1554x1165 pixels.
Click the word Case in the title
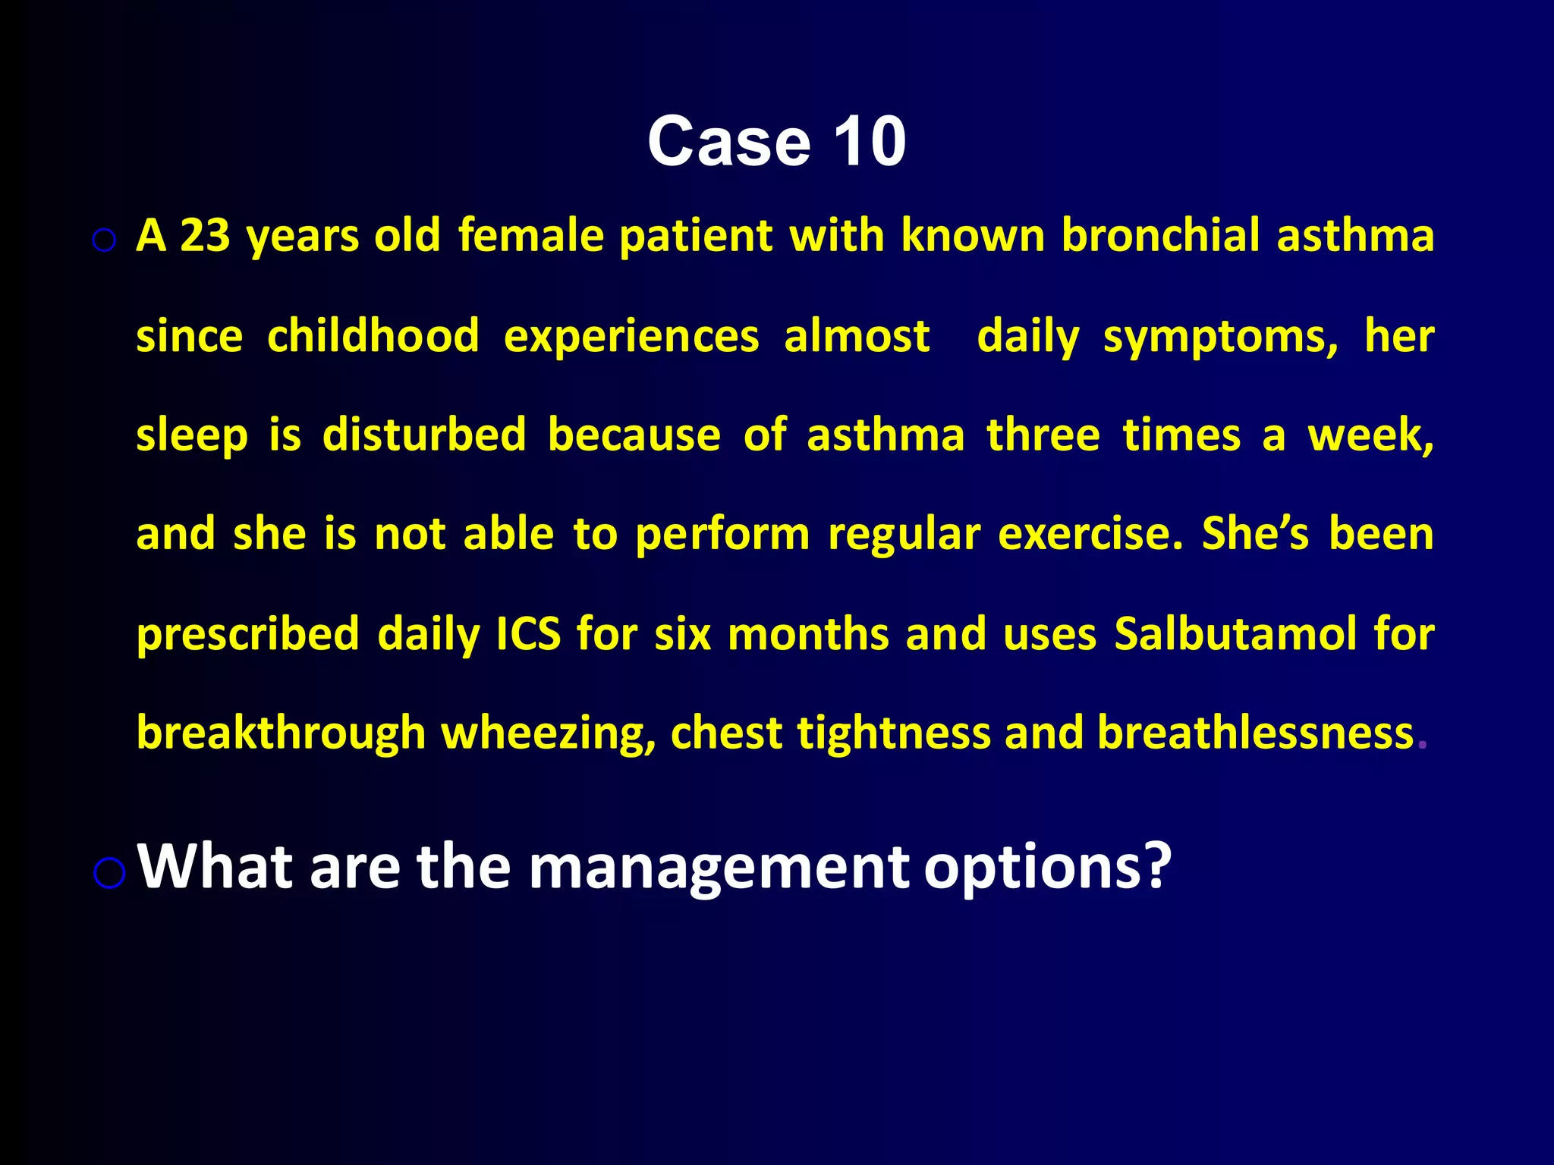click(728, 142)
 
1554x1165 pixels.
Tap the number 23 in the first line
click(205, 235)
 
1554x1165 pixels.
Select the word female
click(530, 235)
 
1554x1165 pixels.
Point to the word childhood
click(373, 335)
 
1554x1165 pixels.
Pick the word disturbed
click(423, 435)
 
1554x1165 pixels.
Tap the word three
click(1043, 435)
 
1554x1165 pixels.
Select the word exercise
click(1090, 534)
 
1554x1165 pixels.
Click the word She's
click(1255, 534)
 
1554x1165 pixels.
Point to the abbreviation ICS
click(528, 634)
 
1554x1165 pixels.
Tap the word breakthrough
click(281, 733)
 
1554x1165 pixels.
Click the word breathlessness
click(1255, 733)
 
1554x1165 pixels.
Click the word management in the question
click(718, 868)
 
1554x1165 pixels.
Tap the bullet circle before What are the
click(109, 873)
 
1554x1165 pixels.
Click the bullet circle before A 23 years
click(104, 241)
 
